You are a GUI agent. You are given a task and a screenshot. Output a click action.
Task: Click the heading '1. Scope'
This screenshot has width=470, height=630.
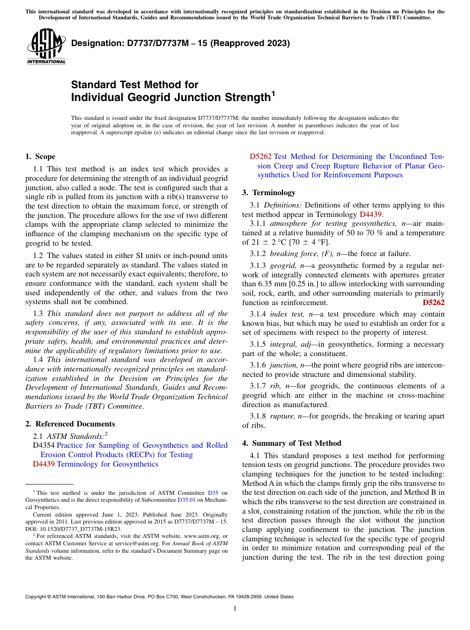pyautogui.click(x=40, y=157)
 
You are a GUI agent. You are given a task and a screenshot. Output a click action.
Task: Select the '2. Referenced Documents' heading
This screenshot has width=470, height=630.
pyautogui.click(x=70, y=424)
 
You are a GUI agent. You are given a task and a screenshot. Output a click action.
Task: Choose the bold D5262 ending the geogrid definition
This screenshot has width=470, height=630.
pyautogui.click(x=433, y=303)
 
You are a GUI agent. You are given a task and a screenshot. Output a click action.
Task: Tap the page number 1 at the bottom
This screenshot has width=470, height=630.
pyautogui.click(x=235, y=609)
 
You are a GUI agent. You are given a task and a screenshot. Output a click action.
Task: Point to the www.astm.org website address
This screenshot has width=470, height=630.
pyautogui.click(x=197, y=536)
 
